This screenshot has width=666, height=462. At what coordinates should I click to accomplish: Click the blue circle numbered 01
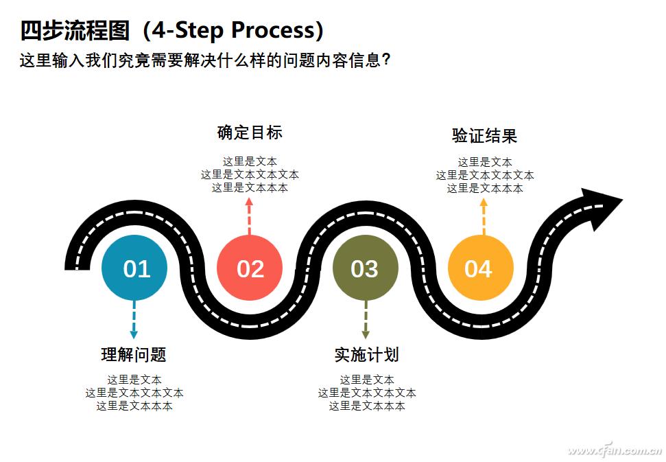tap(134, 268)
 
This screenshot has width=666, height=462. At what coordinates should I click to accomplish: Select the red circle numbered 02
tap(250, 268)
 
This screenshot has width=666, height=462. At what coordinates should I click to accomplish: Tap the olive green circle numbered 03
tap(364, 268)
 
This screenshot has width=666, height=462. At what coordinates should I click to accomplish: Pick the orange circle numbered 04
tap(479, 268)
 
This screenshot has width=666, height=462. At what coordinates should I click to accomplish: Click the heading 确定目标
tap(250, 132)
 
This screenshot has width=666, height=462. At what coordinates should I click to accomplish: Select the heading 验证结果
tap(484, 135)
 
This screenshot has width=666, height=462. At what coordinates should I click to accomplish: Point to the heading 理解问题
tap(134, 355)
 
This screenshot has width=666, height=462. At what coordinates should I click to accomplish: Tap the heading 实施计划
tap(366, 355)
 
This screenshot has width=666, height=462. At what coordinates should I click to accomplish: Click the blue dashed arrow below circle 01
tap(134, 320)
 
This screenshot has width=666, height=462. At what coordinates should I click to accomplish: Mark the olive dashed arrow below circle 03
tap(365, 320)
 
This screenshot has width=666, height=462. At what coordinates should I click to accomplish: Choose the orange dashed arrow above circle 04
tap(484, 216)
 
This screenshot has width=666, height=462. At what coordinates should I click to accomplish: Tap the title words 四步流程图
tap(75, 30)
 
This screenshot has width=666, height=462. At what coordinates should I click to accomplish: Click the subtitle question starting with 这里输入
tap(206, 60)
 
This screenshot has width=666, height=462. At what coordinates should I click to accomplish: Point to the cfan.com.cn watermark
tap(614, 450)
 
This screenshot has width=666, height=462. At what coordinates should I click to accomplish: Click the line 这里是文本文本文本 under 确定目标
tap(250, 175)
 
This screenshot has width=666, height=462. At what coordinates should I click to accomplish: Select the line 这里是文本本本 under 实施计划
tap(367, 406)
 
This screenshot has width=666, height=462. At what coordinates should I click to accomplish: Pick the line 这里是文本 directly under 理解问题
tap(134, 380)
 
